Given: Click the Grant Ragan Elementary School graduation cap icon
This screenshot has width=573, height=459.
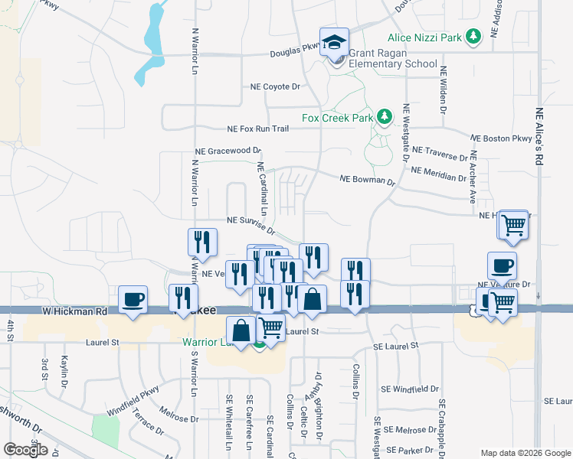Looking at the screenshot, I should (x=335, y=42).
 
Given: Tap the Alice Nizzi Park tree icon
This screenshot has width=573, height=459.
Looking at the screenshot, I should (x=474, y=35).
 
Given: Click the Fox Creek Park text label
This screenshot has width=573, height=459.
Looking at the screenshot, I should (x=337, y=118).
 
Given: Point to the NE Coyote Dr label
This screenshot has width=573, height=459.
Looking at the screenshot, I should (x=275, y=87).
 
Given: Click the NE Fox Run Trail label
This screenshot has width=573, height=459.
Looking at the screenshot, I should (x=257, y=129).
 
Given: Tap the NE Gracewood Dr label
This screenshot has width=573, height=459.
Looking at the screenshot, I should (x=228, y=151).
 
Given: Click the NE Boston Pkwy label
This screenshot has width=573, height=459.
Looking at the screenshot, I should (x=501, y=138).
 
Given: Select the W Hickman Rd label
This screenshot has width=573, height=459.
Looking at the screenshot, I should (x=75, y=311).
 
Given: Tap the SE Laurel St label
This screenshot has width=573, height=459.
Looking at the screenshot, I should (x=396, y=346).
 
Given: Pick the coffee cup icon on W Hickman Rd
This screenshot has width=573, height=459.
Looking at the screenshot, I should (x=133, y=298).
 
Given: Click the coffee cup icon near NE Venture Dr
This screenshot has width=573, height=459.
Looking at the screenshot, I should (x=502, y=265).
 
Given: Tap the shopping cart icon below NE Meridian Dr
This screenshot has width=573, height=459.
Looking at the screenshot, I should (x=512, y=225).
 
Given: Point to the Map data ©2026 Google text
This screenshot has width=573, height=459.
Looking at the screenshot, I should (x=525, y=452).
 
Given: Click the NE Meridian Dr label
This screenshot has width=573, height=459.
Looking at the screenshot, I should (x=439, y=174).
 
